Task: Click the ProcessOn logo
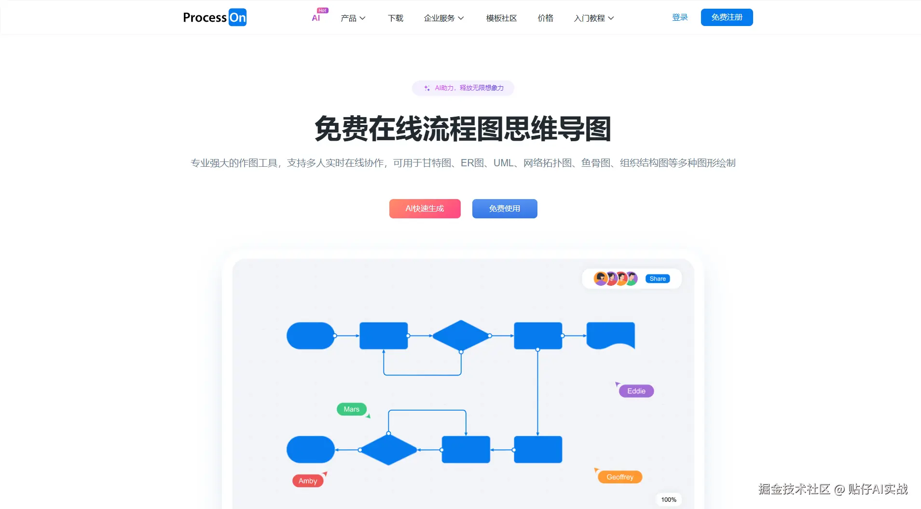point(215,18)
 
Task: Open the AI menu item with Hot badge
point(316,18)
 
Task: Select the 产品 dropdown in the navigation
point(353,18)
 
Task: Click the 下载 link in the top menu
point(396,18)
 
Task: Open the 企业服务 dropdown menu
point(443,18)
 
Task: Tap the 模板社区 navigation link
point(501,18)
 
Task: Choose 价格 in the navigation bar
point(545,18)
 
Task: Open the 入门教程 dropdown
point(593,18)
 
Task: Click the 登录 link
point(680,17)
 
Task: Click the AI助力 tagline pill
point(463,88)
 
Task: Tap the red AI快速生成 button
point(425,209)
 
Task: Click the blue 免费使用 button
point(505,209)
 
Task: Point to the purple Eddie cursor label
point(636,391)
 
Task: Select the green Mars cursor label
point(351,409)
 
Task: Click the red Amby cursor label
point(308,481)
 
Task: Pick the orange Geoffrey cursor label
point(620,477)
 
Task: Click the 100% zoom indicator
point(669,499)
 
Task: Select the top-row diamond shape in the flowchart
point(461,335)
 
